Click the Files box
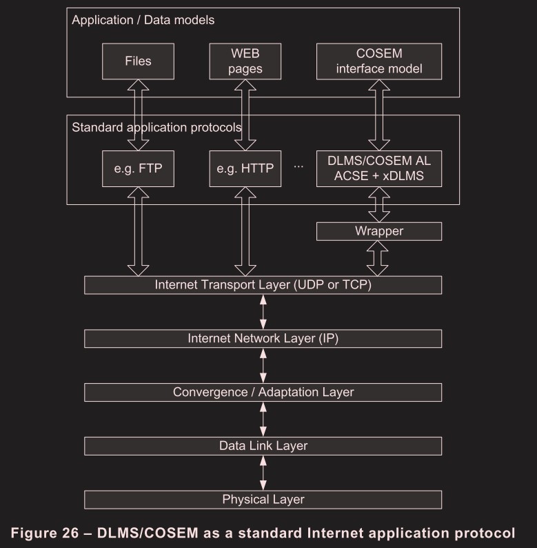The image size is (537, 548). click(x=138, y=61)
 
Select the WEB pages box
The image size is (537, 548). click(x=245, y=61)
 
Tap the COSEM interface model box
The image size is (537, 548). click(x=378, y=61)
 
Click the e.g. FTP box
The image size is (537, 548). click(x=138, y=168)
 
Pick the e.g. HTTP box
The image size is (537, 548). click(x=245, y=168)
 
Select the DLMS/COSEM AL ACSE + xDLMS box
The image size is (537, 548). click(x=378, y=168)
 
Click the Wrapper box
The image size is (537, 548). click(x=378, y=231)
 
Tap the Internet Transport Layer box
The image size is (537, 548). click(x=263, y=284)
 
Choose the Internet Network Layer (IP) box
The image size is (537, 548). click(x=263, y=338)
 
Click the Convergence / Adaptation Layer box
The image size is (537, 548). click(x=263, y=392)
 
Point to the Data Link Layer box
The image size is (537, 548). click(x=263, y=446)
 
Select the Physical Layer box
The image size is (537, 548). click(x=263, y=499)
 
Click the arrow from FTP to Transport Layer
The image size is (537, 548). click(x=138, y=231)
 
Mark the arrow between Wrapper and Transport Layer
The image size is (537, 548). click(x=378, y=258)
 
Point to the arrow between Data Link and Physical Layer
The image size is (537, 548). click(x=263, y=472)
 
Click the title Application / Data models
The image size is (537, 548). click(x=143, y=20)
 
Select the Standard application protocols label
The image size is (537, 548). click(x=156, y=127)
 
